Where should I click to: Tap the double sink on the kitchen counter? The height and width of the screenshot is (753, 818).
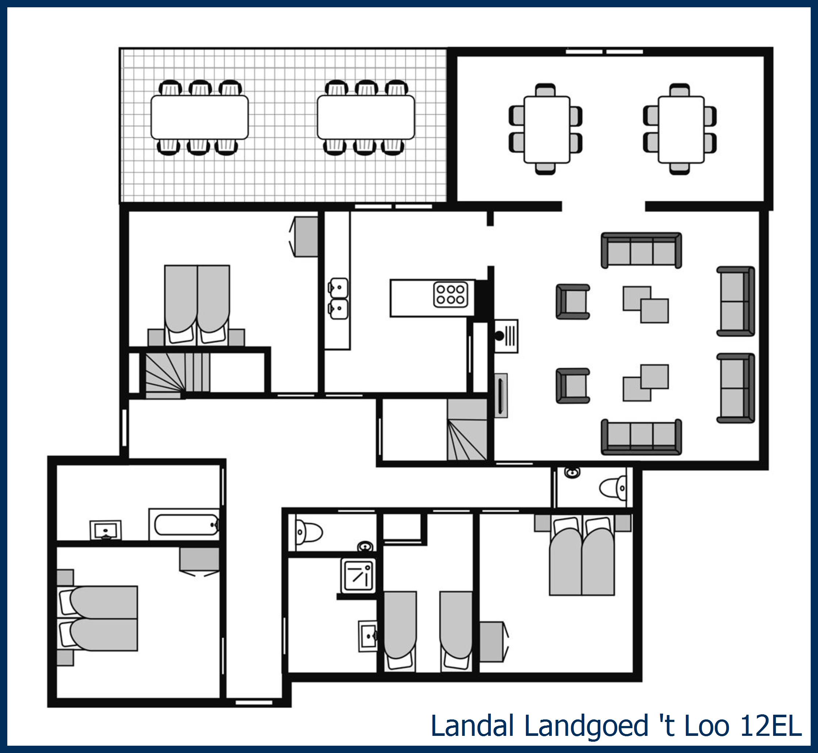(x=339, y=299)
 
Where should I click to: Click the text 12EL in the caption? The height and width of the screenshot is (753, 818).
(x=771, y=726)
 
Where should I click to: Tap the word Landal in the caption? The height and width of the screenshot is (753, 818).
(x=472, y=726)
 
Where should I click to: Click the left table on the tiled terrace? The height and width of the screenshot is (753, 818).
(x=199, y=117)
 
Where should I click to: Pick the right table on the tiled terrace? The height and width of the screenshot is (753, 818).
(x=366, y=117)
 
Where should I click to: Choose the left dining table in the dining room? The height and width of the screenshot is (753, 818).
(x=546, y=130)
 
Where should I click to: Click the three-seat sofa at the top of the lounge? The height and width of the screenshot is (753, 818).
(x=641, y=250)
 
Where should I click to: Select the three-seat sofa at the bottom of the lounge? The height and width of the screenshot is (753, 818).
(x=641, y=437)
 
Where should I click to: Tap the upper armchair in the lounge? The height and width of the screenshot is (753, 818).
(x=573, y=301)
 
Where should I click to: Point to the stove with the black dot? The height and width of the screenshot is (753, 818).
(x=506, y=336)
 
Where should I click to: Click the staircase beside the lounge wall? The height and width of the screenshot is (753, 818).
(x=467, y=429)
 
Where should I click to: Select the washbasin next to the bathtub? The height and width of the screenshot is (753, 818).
(x=106, y=530)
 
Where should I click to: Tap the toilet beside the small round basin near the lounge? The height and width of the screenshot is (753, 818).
(x=612, y=488)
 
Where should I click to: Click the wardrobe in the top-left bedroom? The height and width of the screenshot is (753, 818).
(x=304, y=236)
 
